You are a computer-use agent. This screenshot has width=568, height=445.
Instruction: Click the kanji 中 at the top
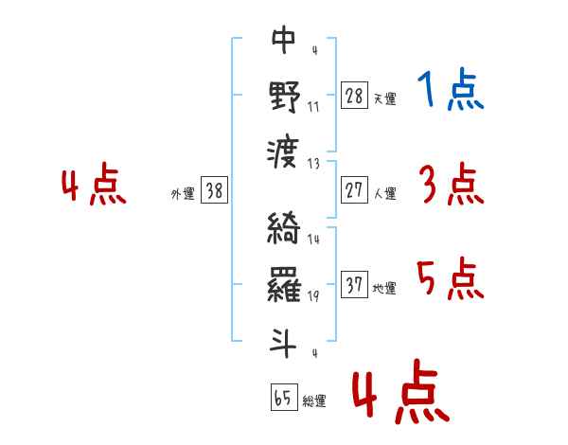(284, 39)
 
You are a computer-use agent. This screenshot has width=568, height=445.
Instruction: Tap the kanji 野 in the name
(285, 97)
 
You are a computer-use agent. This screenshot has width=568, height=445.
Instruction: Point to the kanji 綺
(284, 227)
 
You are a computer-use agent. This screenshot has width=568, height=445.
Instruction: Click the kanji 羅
(284, 285)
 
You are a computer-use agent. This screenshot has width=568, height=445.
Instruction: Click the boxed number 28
(354, 96)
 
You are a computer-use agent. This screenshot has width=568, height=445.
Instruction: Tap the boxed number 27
(354, 190)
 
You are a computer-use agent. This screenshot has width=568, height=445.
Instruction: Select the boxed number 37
(354, 284)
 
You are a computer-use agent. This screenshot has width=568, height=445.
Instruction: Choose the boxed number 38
(214, 190)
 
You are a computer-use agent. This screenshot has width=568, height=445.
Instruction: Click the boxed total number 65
(284, 397)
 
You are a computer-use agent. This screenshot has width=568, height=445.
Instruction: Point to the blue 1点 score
(451, 89)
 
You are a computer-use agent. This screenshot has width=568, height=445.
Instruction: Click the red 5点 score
(451, 278)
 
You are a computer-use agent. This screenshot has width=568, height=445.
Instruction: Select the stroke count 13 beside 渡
(313, 164)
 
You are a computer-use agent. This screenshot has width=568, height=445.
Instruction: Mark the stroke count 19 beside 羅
(313, 296)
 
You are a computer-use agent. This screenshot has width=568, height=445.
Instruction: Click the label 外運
(183, 194)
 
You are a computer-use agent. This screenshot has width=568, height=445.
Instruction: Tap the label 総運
(314, 400)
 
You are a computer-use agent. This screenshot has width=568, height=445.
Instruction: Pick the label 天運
(385, 98)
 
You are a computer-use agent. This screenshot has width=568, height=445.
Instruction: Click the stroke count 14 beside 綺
(313, 240)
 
